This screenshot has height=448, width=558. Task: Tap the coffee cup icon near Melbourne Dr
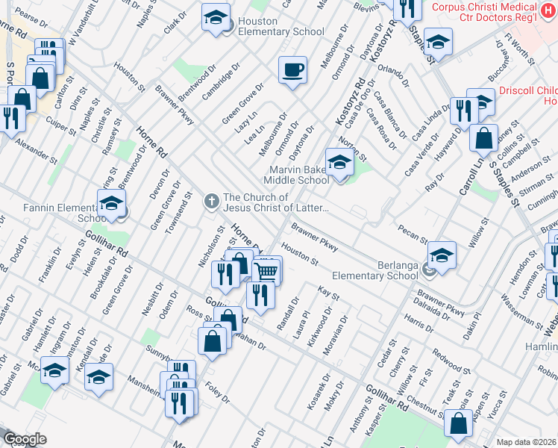(x=292, y=70)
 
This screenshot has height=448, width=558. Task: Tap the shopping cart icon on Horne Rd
(x=266, y=271)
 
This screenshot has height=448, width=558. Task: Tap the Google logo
(x=24, y=439)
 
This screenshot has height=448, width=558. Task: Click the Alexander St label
(x=36, y=149)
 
